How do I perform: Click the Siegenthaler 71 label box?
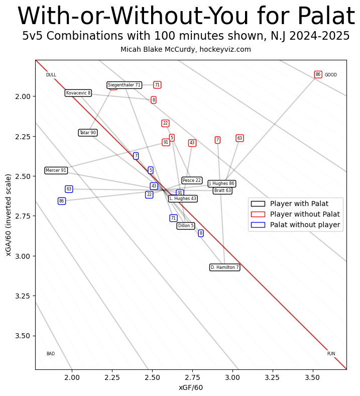[124, 85]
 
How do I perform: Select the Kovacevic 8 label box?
[78, 93]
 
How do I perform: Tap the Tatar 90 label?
[87, 133]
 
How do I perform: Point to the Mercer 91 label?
[56, 170]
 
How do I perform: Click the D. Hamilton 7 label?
[224, 267]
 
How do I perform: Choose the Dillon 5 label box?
[185, 226]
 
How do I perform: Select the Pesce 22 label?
[191, 180]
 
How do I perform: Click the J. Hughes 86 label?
[221, 183]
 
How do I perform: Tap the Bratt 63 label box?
[222, 190]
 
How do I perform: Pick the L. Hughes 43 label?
[183, 199]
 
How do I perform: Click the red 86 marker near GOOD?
[318, 74]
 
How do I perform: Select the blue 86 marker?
[62, 201]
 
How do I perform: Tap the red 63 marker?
[239, 138]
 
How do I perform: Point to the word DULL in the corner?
[51, 75]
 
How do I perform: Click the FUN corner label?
[331, 354]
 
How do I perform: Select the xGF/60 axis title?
[191, 387]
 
